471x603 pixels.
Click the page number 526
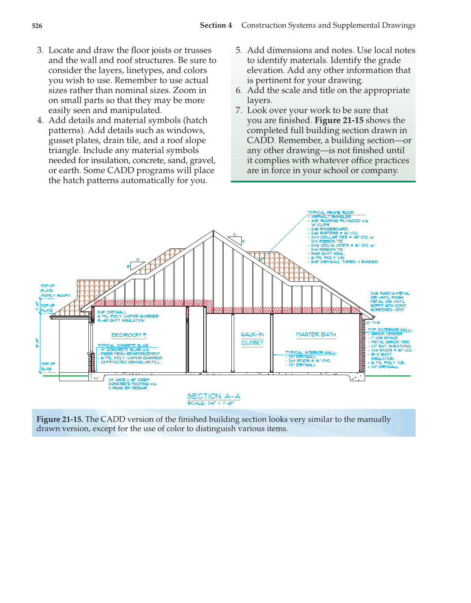37,26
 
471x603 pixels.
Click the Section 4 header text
216,25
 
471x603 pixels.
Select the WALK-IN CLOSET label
252,339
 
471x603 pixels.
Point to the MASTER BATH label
316,334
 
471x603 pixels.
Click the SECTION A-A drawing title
213,396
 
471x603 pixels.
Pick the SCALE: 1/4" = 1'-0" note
210,403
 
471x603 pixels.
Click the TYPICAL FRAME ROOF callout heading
331,212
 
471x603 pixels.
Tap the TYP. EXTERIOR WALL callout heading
390,329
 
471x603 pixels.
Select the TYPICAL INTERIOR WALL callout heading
310,352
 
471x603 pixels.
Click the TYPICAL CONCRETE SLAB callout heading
123,345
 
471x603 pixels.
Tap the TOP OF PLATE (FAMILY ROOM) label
55,290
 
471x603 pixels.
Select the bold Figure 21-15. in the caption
59,419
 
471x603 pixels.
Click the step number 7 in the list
239,110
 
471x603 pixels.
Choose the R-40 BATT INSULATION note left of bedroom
121,320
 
